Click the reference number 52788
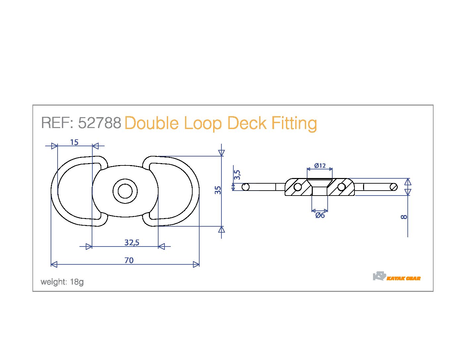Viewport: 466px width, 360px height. (100, 123)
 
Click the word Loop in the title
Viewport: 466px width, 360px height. (203, 123)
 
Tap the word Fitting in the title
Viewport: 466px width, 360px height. (294, 123)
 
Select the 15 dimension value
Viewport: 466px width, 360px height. (74, 142)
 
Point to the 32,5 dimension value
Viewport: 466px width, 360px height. (132, 243)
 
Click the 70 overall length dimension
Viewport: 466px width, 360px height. (129, 260)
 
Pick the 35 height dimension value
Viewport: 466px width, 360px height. (218, 190)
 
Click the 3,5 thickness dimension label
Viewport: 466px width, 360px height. (237, 175)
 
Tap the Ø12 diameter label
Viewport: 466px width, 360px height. (320, 166)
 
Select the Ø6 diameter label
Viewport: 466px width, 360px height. (320, 215)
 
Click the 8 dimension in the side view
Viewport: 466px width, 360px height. (404, 217)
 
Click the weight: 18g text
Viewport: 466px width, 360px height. (62, 282)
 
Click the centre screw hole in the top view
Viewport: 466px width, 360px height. (125, 191)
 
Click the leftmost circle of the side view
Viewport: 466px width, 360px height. (246, 187)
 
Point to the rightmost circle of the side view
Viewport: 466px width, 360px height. (394, 187)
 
